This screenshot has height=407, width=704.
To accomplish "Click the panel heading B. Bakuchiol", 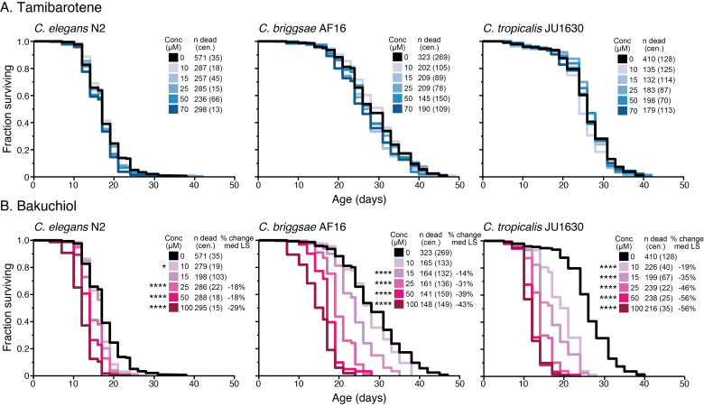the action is point(39,206).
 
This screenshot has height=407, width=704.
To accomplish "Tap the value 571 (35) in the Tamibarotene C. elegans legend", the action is point(208,58).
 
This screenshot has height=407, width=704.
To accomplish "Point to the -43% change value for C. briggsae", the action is point(464,304).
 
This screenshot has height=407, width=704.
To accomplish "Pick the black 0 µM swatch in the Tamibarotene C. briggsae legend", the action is point(397,57).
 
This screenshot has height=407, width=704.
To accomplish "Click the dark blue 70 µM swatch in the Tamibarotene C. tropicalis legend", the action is point(622,110).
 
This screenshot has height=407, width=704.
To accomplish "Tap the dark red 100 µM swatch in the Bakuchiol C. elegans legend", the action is point(173,308).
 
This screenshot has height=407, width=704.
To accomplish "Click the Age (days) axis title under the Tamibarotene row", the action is point(358,199).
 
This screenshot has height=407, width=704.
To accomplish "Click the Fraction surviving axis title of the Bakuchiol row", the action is point(7,307).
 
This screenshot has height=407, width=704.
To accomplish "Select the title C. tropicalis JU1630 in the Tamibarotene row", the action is point(533,29).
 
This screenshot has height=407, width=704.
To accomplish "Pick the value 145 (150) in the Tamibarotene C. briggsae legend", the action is point(434,98).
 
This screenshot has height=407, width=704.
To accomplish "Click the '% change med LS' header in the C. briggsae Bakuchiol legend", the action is point(464,238).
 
